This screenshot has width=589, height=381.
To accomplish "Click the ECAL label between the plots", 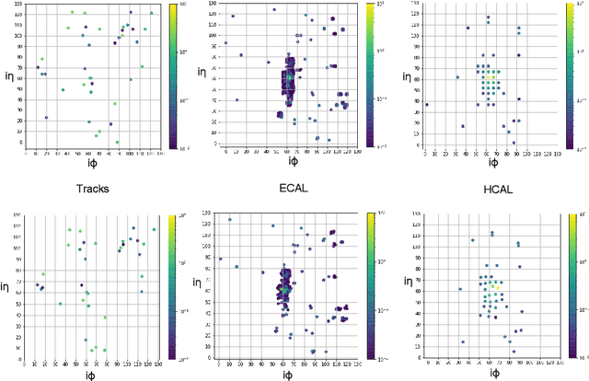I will (x=292, y=189).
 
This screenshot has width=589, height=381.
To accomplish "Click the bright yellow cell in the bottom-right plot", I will (x=496, y=286).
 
